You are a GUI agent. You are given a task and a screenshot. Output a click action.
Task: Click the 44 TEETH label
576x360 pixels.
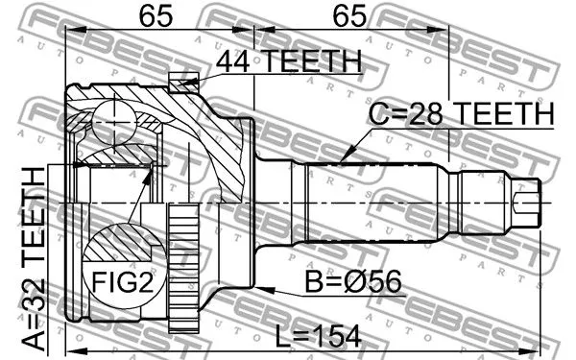click(288, 60)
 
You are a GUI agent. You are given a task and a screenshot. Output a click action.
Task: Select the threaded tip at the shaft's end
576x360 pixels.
click(526, 203)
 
